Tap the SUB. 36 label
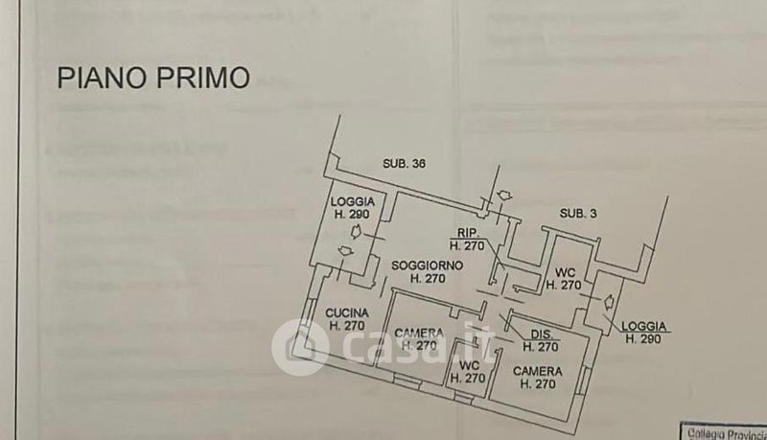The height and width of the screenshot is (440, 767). pos(403,163)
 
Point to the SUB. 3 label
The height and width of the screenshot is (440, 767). pos(578,213)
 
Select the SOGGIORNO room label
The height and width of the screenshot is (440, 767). pos(426,265)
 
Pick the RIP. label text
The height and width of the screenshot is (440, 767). pos(468,232)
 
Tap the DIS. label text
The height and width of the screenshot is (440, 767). pos(536,334)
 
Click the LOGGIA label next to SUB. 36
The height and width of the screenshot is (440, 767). pos(351,201)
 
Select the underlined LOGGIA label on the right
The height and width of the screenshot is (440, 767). pos(643,326)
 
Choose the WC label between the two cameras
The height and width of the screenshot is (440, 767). pos(469,365)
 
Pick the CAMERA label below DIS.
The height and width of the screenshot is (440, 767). pos(537,371)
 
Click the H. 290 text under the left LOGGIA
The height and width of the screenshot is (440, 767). pos(351,214)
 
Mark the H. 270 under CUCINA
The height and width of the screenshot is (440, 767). pos(346,326)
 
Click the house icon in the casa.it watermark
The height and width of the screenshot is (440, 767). pos(299,346)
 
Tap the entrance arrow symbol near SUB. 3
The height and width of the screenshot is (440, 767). pos(503,196)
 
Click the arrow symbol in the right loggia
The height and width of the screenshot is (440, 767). pos(609,300)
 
